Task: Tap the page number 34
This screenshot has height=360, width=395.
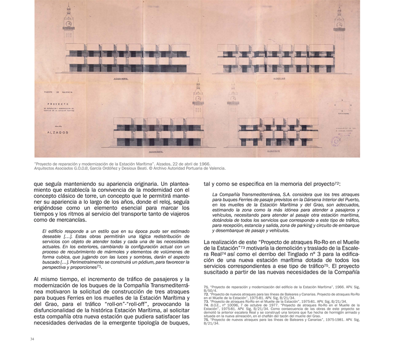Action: coord(32,339)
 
